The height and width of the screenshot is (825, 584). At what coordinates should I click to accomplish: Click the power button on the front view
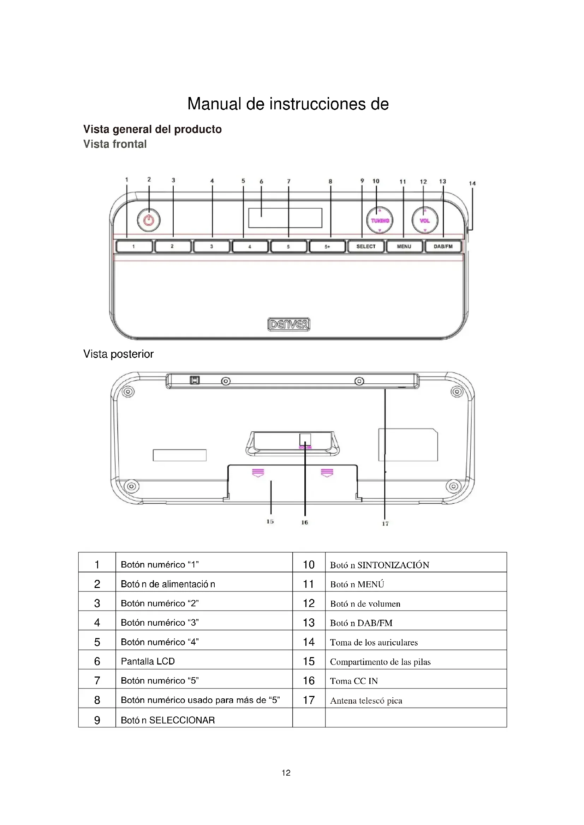[149, 220]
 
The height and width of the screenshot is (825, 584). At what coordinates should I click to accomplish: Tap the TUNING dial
[380, 220]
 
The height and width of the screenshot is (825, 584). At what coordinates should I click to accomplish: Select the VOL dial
[425, 220]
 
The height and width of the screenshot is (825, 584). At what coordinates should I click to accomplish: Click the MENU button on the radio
[404, 247]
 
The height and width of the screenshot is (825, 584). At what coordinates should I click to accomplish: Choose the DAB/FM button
[443, 247]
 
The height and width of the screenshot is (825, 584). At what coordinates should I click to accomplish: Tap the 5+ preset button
[327, 247]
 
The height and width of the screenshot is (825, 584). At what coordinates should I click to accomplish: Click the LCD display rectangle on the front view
[285, 218]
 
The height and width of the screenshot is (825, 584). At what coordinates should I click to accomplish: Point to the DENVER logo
[289, 324]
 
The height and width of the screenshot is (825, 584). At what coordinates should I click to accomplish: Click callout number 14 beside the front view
[472, 183]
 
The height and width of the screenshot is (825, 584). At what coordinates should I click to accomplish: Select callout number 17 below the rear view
[385, 523]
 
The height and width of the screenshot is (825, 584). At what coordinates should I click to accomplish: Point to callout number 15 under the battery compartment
[270, 521]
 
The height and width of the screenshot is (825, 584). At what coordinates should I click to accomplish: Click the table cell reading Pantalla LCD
[148, 661]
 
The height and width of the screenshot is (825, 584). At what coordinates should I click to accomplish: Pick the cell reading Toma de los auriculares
[374, 642]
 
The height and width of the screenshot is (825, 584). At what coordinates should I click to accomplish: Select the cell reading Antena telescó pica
[366, 700]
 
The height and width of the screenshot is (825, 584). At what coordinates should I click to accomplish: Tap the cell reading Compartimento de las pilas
[380, 661]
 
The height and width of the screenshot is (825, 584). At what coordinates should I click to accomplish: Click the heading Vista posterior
[118, 354]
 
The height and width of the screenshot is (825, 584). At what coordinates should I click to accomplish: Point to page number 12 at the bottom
[286, 772]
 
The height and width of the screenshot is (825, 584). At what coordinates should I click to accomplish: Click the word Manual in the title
[214, 104]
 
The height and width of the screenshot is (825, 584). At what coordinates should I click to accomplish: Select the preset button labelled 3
[211, 247]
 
